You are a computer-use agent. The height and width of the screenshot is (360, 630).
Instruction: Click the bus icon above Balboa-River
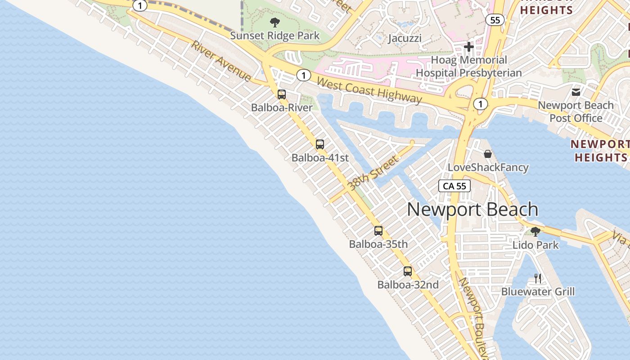282,94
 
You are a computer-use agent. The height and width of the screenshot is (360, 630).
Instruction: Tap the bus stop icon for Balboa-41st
320,144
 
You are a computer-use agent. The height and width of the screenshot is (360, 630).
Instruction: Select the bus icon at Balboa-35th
378,231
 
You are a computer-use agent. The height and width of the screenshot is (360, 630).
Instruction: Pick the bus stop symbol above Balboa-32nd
408,271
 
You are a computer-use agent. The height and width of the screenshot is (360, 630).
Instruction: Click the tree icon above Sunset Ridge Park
274,22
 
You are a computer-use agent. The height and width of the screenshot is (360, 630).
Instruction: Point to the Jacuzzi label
405,38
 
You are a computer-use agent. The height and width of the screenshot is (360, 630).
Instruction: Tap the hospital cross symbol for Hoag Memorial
469,46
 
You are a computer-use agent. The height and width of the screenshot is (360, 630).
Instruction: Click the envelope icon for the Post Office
576,92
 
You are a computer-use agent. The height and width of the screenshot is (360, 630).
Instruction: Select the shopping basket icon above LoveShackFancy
488,154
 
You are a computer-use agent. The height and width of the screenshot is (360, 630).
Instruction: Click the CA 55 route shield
454,186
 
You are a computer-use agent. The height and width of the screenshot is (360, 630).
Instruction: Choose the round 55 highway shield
495,20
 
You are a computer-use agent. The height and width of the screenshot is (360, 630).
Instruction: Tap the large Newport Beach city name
472,210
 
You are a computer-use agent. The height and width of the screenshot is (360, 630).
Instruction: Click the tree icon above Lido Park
535,232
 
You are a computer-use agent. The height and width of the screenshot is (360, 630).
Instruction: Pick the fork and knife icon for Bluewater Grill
538,278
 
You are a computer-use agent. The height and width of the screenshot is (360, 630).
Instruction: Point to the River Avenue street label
221,61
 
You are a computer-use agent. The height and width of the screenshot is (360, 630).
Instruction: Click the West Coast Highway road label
369,90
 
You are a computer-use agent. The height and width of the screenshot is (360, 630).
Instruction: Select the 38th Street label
373,173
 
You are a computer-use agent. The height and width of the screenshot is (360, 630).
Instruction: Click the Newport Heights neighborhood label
600,151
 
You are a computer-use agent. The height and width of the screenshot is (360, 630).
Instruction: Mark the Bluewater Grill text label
538,292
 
